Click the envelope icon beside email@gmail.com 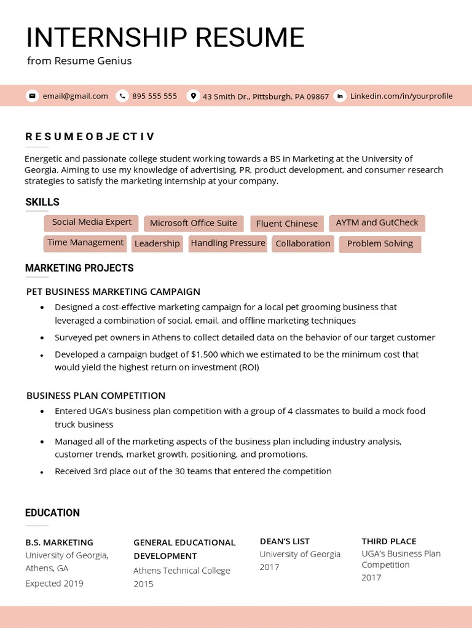tap(32, 96)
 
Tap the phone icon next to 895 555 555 tap(122, 96)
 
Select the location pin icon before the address tap(194, 96)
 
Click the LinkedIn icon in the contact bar tap(340, 96)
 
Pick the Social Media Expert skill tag tap(92, 222)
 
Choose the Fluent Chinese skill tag tap(287, 224)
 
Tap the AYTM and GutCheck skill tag tap(377, 223)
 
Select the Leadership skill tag tap(157, 244)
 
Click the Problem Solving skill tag tap(380, 244)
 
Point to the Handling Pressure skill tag tap(228, 243)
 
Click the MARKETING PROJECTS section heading tap(79, 268)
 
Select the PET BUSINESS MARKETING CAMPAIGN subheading tap(113, 292)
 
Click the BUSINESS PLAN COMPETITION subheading tap(96, 396)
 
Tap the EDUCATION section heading tap(52, 513)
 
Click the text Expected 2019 tap(54, 584)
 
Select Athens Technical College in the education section tap(182, 571)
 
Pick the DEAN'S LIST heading tap(285, 541)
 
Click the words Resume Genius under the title tap(93, 61)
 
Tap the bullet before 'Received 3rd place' tap(42, 472)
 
